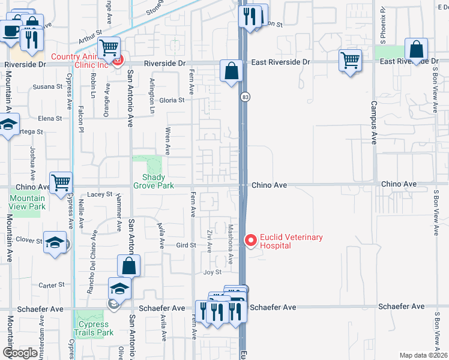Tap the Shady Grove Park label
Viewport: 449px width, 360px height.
tap(158, 181)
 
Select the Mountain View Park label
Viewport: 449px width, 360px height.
tap(27, 202)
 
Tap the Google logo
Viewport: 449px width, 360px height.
tap(20, 353)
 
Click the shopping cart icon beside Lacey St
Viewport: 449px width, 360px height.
tap(61, 182)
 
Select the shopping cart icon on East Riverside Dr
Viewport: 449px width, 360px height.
tap(351, 59)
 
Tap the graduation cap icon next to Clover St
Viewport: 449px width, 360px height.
tap(55, 242)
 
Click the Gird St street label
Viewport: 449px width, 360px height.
tap(186, 245)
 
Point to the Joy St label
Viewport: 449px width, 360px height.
tap(212, 272)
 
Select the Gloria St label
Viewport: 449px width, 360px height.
tap(172, 100)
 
